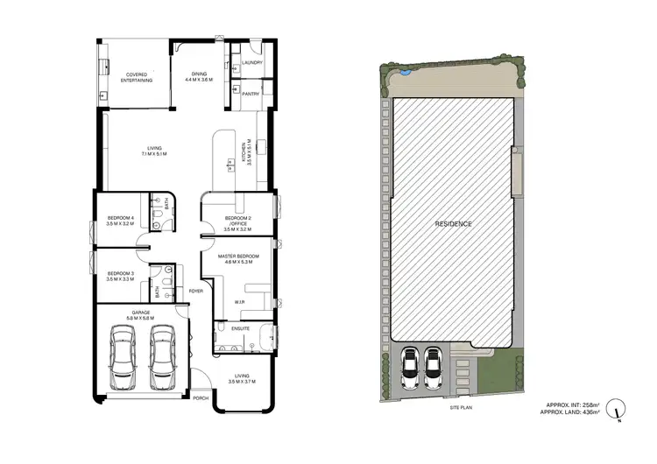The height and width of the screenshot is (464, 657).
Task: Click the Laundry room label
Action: click(x=252, y=63)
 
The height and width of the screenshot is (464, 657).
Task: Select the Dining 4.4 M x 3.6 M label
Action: click(x=196, y=77)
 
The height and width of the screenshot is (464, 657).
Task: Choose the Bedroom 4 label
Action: click(x=120, y=221)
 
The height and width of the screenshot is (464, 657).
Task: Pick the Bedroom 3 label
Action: click(x=120, y=277)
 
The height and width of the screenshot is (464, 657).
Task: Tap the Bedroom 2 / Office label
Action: click(x=237, y=221)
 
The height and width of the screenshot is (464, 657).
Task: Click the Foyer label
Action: click(x=196, y=291)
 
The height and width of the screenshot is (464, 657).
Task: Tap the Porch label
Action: click(x=201, y=397)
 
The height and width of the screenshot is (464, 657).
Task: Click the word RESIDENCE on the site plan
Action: click(x=454, y=224)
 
